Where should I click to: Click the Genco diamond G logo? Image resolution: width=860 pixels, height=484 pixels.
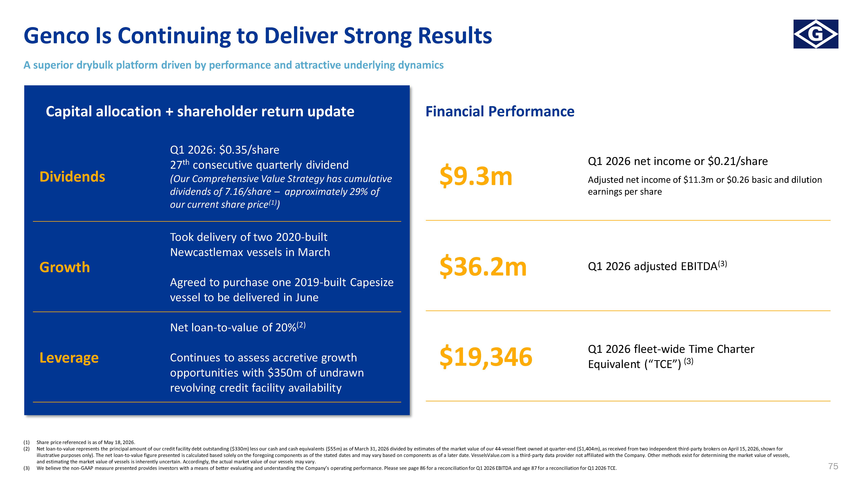816,34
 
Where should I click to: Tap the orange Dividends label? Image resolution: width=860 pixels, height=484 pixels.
72,177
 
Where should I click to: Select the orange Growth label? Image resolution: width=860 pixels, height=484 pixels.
64,267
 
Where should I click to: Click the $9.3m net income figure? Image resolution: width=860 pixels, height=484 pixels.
476,176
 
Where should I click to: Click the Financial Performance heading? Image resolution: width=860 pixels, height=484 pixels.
500,111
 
